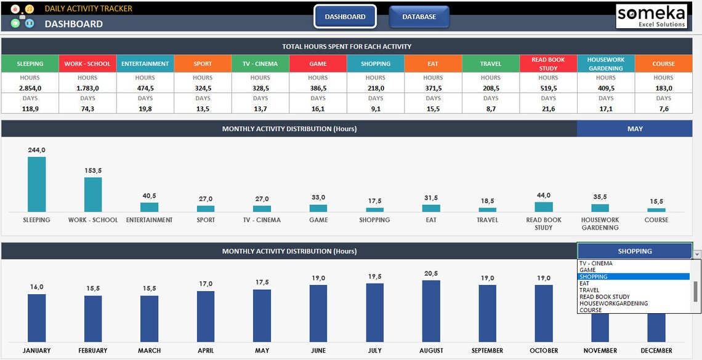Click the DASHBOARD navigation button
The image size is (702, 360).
(x=345, y=17)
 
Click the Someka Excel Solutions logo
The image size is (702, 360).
(x=652, y=17)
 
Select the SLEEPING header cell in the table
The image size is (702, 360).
(x=30, y=64)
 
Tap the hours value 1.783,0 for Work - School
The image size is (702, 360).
(x=87, y=88)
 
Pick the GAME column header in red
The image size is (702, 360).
(x=318, y=64)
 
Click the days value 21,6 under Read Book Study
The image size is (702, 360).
(x=548, y=108)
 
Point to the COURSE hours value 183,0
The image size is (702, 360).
(x=663, y=88)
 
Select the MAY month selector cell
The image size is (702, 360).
(x=635, y=129)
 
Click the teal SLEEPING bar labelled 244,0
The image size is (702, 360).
(x=36, y=185)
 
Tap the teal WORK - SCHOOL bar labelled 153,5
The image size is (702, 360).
(x=93, y=194)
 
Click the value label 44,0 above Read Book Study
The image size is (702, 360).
(x=544, y=196)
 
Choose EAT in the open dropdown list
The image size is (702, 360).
(x=584, y=284)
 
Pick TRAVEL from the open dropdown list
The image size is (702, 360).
(x=589, y=290)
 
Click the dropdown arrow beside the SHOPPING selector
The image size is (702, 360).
(x=697, y=254)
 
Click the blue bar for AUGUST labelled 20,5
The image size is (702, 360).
(x=431, y=311)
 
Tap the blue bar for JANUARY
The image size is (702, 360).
(x=36, y=318)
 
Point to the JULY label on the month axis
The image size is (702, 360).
(x=374, y=351)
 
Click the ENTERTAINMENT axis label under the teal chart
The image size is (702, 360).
(x=149, y=220)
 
